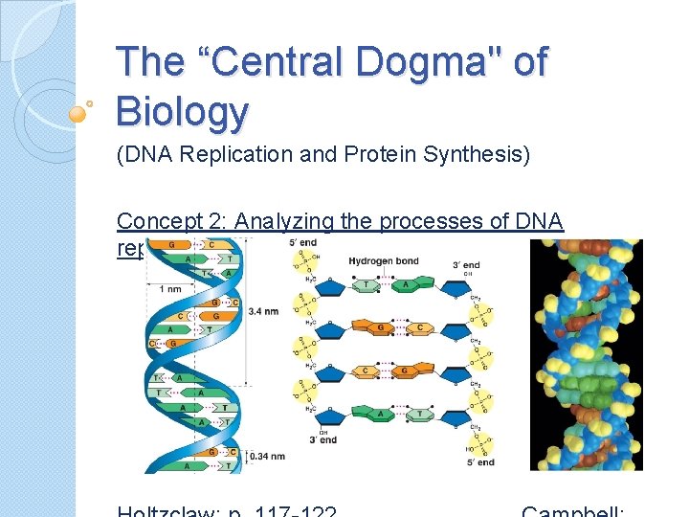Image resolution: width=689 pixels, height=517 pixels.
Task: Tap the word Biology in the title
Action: (x=181, y=111)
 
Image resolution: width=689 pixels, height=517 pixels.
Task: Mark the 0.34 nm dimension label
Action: (x=267, y=457)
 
